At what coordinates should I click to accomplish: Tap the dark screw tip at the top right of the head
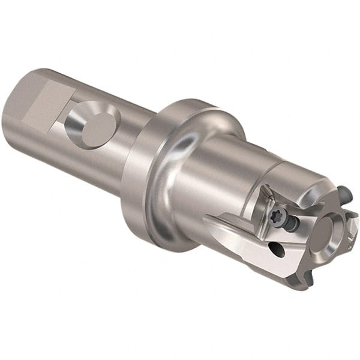[345, 193]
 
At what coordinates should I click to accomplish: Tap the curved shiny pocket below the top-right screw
[334, 204]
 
